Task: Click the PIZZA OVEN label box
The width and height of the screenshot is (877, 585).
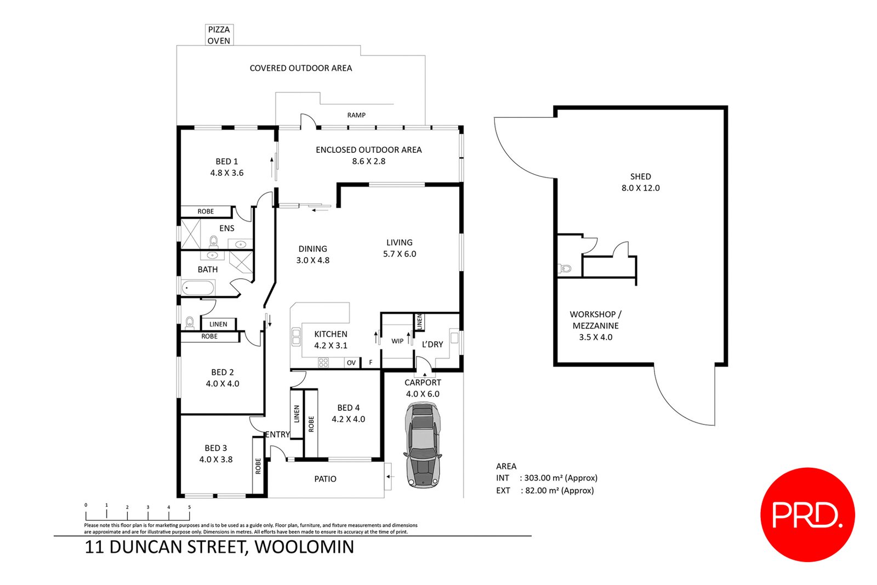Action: [x=219, y=35]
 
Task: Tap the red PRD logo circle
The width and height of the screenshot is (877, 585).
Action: [x=807, y=514]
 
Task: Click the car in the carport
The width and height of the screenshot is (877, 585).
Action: [x=423, y=445]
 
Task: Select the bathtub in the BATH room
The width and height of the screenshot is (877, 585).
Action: [x=198, y=288]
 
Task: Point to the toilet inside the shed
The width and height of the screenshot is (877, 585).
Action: [x=565, y=268]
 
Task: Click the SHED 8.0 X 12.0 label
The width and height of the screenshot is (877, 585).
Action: [x=640, y=182]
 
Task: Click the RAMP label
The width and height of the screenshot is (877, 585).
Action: [x=356, y=115]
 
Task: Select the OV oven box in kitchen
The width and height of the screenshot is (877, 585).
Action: [x=351, y=363]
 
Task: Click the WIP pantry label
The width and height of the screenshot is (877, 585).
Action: [x=397, y=341]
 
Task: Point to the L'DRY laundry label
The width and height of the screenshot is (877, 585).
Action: [x=432, y=345]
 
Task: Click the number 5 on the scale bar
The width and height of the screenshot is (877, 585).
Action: [x=189, y=507]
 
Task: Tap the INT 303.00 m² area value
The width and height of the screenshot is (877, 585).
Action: [x=560, y=478]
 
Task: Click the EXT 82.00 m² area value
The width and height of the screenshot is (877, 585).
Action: [x=559, y=491]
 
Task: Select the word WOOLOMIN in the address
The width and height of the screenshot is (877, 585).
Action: [x=304, y=547]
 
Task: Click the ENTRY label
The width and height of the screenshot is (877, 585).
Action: [x=277, y=434]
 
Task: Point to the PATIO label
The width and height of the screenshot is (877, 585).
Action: [x=325, y=479]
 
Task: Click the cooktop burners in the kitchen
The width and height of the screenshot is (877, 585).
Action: [x=323, y=362]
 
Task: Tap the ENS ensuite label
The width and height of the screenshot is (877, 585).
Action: [x=226, y=228]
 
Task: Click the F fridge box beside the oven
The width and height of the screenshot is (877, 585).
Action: [x=371, y=363]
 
